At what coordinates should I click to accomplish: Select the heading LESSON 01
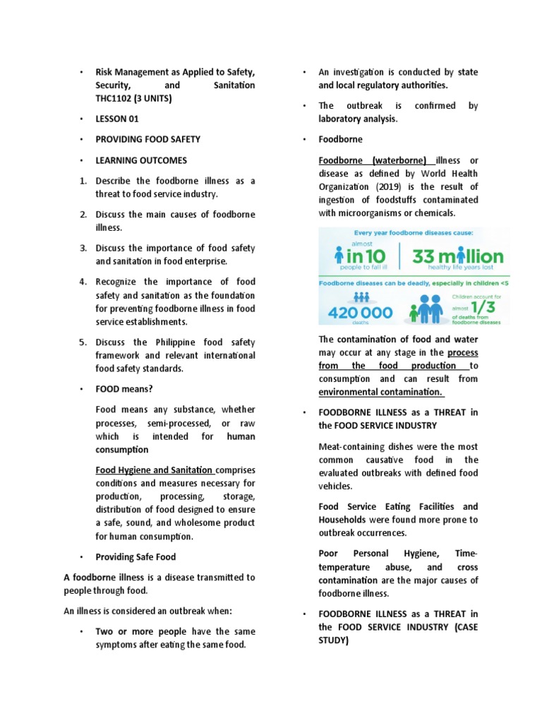click(x=117, y=119)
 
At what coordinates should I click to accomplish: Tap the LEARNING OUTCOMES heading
click(x=142, y=160)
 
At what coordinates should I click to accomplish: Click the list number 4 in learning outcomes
click(x=83, y=282)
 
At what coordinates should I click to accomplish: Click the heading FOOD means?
click(x=124, y=388)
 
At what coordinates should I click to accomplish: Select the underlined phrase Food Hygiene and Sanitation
click(x=155, y=470)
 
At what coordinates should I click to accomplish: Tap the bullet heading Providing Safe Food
click(x=135, y=557)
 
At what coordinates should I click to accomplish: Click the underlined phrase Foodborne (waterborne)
click(x=373, y=160)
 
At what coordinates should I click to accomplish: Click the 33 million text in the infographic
click(x=458, y=256)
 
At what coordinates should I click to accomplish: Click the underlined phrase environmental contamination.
click(x=380, y=392)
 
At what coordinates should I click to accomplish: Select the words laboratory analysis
click(x=358, y=119)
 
